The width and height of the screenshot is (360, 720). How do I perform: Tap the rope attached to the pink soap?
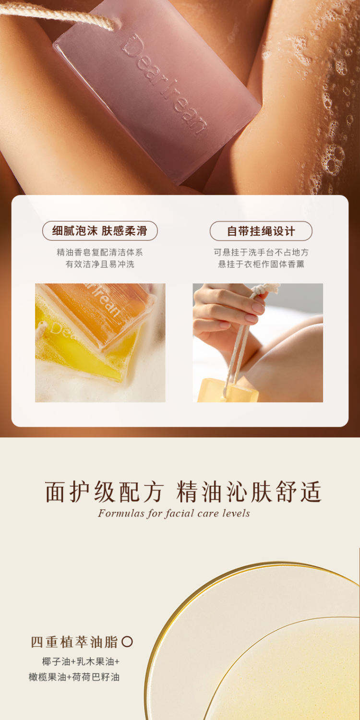pyautogui.click(x=58, y=14)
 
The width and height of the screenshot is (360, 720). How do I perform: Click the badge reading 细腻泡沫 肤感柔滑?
pyautogui.click(x=100, y=231)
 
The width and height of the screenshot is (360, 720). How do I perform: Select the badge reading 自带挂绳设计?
pyautogui.click(x=261, y=231)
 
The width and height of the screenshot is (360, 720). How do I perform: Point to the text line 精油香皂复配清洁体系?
pyautogui.click(x=100, y=252)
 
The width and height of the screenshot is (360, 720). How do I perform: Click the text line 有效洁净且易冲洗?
pyautogui.click(x=100, y=264)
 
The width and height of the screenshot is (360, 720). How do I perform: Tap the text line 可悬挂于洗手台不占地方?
pyautogui.click(x=261, y=252)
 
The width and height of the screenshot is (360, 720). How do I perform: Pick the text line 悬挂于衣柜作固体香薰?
pyautogui.click(x=261, y=264)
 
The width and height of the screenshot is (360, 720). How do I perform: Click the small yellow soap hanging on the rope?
pyautogui.click(x=228, y=391)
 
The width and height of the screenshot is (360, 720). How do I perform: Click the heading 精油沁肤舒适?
pyautogui.click(x=249, y=492)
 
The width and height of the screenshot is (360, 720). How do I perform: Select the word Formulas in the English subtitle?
pyautogui.click(x=121, y=513)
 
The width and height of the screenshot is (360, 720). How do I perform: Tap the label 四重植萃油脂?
pyautogui.click(x=74, y=642)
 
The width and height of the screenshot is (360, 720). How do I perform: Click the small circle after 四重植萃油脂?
pyautogui.click(x=127, y=642)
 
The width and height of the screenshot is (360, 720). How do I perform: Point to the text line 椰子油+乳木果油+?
pyautogui.click(x=81, y=661)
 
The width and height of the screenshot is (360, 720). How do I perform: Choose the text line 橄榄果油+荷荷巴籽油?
pyautogui.click(x=74, y=677)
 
